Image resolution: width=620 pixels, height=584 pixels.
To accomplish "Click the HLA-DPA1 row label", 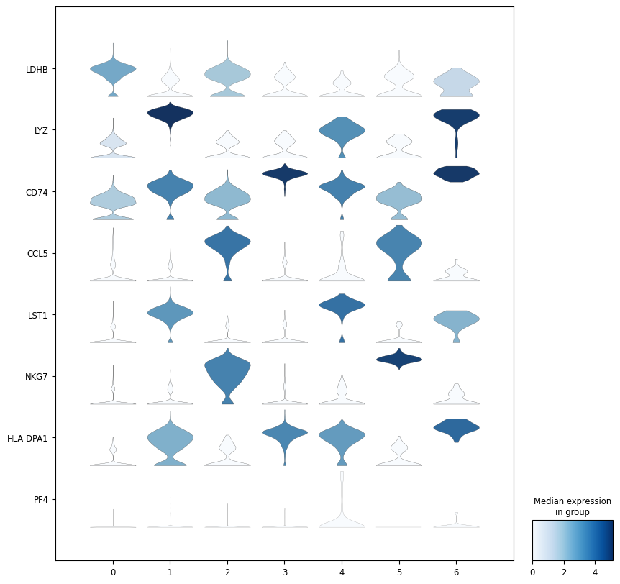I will (x=27, y=438).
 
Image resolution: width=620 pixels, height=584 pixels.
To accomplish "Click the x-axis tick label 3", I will (x=285, y=572).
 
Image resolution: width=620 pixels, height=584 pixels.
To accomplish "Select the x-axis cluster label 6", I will (x=456, y=572).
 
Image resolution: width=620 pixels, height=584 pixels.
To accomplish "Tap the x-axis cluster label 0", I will (x=113, y=572).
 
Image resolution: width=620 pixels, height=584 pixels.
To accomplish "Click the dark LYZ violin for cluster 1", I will (x=170, y=113).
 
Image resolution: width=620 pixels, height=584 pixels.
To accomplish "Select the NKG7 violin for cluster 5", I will (x=399, y=358).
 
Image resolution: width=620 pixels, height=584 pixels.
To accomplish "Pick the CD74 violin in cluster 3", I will (x=285, y=173).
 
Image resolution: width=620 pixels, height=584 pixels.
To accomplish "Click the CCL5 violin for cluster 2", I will (x=227, y=245).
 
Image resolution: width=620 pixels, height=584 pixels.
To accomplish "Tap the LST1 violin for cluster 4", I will (x=342, y=305).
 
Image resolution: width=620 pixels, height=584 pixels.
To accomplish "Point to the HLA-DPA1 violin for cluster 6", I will (x=456, y=427).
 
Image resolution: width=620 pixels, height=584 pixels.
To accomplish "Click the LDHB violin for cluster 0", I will (x=113, y=70).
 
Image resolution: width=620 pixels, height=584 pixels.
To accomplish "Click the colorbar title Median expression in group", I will (x=572, y=506).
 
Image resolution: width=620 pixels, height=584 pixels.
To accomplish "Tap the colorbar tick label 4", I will (x=595, y=572).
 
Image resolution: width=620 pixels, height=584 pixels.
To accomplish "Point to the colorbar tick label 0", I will (x=532, y=572).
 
